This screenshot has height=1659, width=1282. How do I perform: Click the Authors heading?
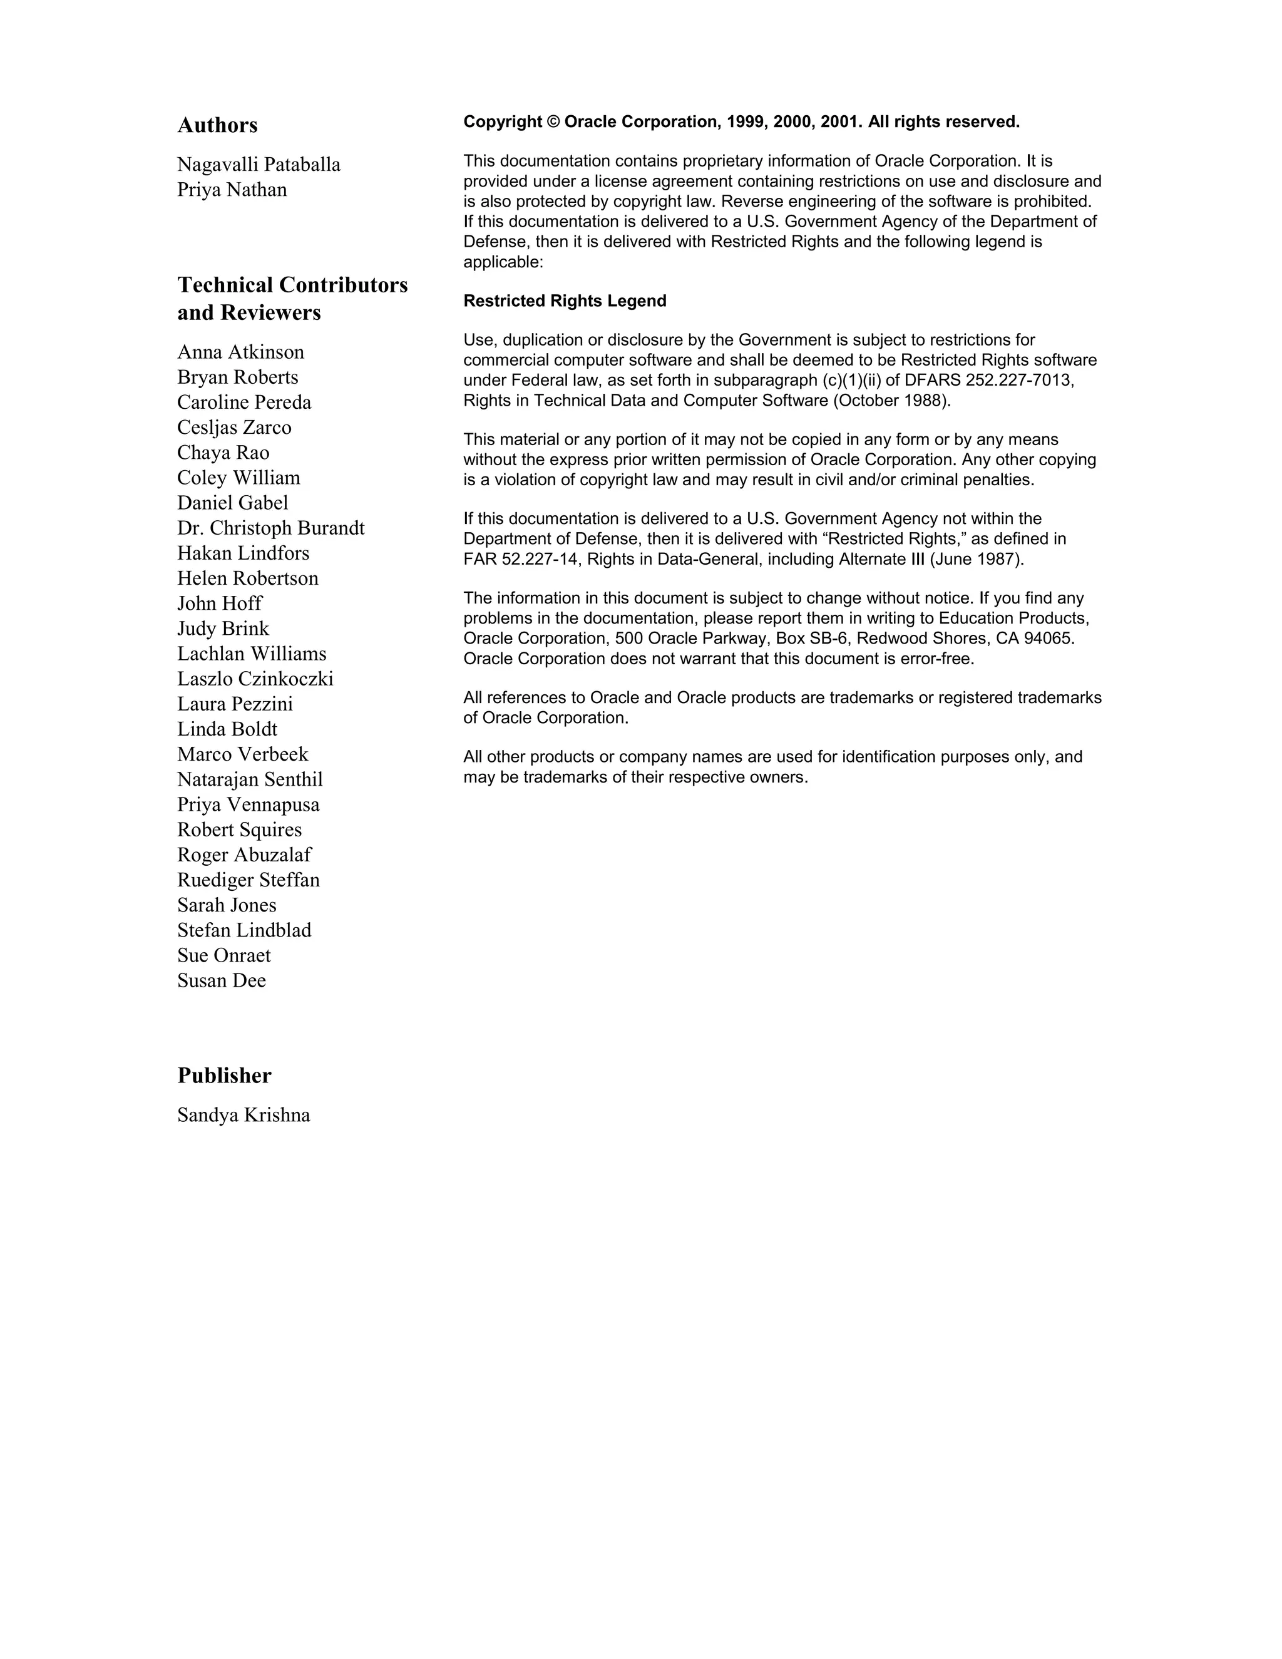pyautogui.click(x=217, y=125)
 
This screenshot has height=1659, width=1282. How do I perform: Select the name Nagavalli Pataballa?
pyautogui.click(x=259, y=165)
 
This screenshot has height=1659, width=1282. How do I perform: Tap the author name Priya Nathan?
pyautogui.click(x=232, y=190)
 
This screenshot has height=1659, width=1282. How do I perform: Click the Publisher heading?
pyautogui.click(x=224, y=1076)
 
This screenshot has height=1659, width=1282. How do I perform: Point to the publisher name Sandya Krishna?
pyautogui.click(x=244, y=1115)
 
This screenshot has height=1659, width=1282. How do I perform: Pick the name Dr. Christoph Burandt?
pyautogui.click(x=271, y=528)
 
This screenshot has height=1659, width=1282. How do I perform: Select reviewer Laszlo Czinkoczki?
pyautogui.click(x=255, y=679)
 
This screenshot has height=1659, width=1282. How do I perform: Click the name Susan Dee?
pyautogui.click(x=222, y=980)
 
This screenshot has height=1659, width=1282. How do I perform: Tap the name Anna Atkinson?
pyautogui.click(x=241, y=352)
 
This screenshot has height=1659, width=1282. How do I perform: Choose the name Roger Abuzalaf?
pyautogui.click(x=244, y=855)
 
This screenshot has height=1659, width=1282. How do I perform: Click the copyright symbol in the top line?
pyautogui.click(x=553, y=122)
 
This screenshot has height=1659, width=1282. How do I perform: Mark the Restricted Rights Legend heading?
pyautogui.click(x=565, y=302)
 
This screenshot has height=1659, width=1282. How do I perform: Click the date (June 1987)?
pyautogui.click(x=976, y=560)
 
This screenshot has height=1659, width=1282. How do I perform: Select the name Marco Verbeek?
pyautogui.click(x=243, y=754)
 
